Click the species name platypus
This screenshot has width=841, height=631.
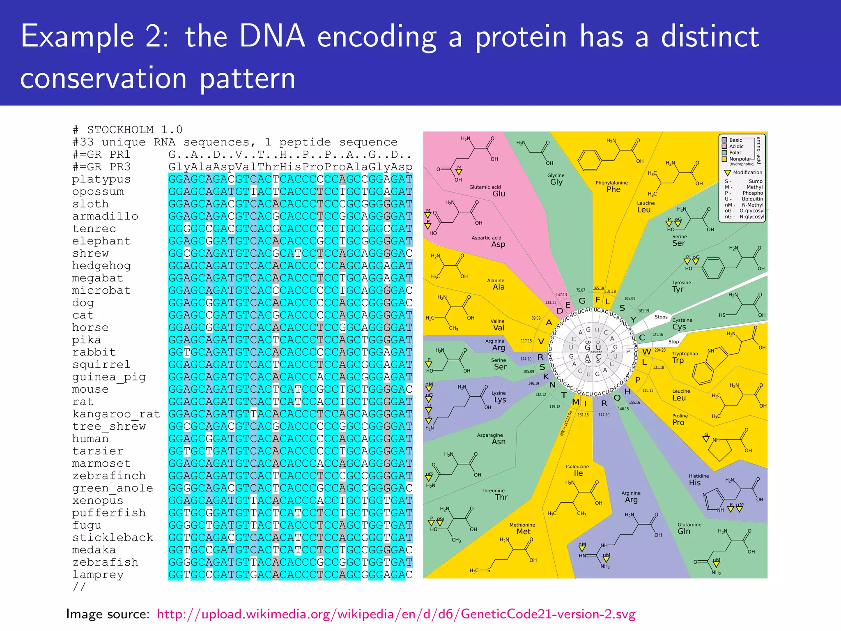point(101,180)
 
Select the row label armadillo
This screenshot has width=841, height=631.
point(105,216)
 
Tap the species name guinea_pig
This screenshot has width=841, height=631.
point(109,377)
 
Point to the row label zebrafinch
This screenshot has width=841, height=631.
point(109,476)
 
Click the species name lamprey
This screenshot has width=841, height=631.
point(98,575)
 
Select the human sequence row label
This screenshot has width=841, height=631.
point(90,439)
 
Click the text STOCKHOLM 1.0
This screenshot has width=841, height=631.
point(134,130)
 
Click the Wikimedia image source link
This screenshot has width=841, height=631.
point(396,614)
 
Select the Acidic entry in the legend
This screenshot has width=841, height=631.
point(736,146)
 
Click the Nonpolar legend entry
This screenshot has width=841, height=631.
point(740,159)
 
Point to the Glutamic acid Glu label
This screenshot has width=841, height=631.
point(489,191)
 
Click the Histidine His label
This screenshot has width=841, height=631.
point(698,480)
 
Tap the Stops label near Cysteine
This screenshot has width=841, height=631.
point(661,317)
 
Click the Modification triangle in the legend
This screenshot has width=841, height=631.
point(728,173)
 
